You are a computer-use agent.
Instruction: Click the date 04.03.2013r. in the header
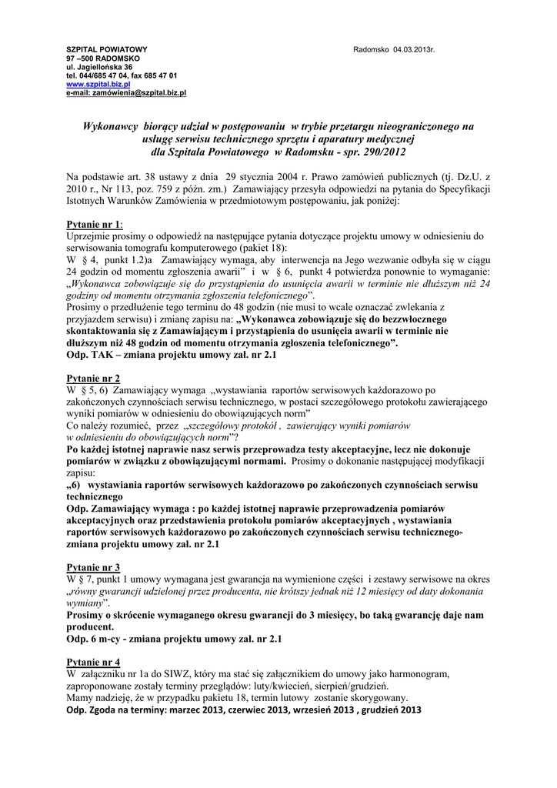(414, 50)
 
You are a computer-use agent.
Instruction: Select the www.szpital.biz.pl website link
(98, 84)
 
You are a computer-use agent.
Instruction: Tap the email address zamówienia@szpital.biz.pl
(140, 92)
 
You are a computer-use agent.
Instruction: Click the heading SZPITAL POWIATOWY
(107, 50)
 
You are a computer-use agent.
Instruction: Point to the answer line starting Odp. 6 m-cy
(175, 639)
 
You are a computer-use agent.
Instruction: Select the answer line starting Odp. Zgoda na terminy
(245, 709)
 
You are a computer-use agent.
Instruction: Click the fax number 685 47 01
(162, 75)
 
